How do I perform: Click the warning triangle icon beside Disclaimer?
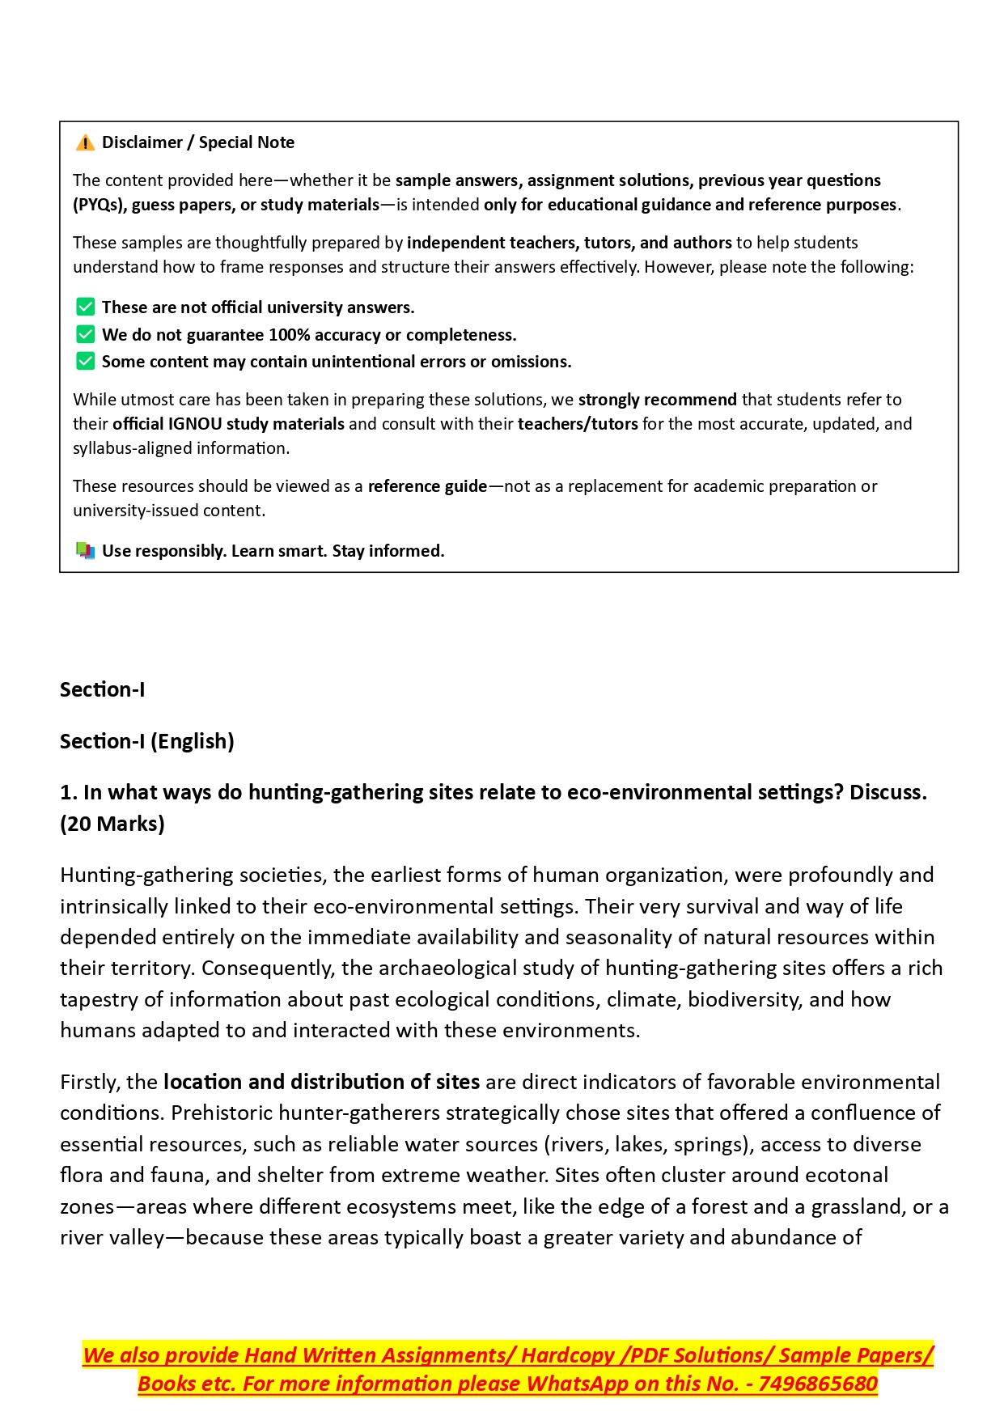85,143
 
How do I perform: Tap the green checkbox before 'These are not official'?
85,307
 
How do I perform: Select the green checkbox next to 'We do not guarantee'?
85,335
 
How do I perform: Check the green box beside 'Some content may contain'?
85,362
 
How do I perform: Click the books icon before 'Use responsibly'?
85,551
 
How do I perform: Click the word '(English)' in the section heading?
193,741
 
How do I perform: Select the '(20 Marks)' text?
112,824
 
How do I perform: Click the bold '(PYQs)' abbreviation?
99,205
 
